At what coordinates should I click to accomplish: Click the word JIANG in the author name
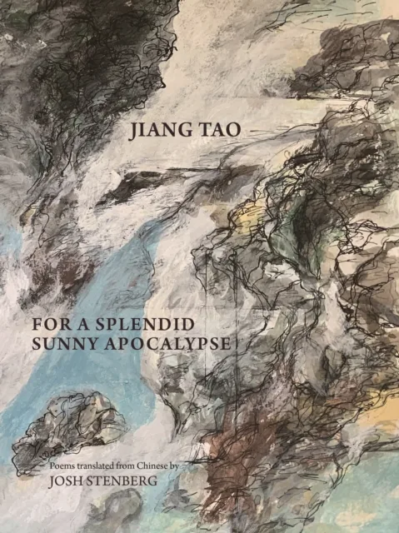154,131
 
